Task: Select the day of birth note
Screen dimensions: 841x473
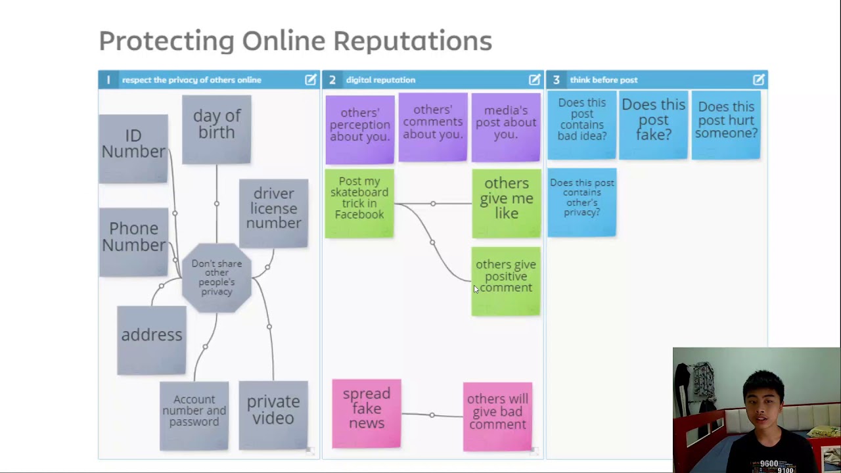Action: [x=216, y=129]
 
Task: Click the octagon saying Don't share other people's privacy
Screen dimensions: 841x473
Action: [x=217, y=277]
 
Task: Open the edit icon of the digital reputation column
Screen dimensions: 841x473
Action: [x=534, y=79]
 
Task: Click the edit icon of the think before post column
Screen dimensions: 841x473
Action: [x=758, y=79]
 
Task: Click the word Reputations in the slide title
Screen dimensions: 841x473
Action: [x=413, y=41]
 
